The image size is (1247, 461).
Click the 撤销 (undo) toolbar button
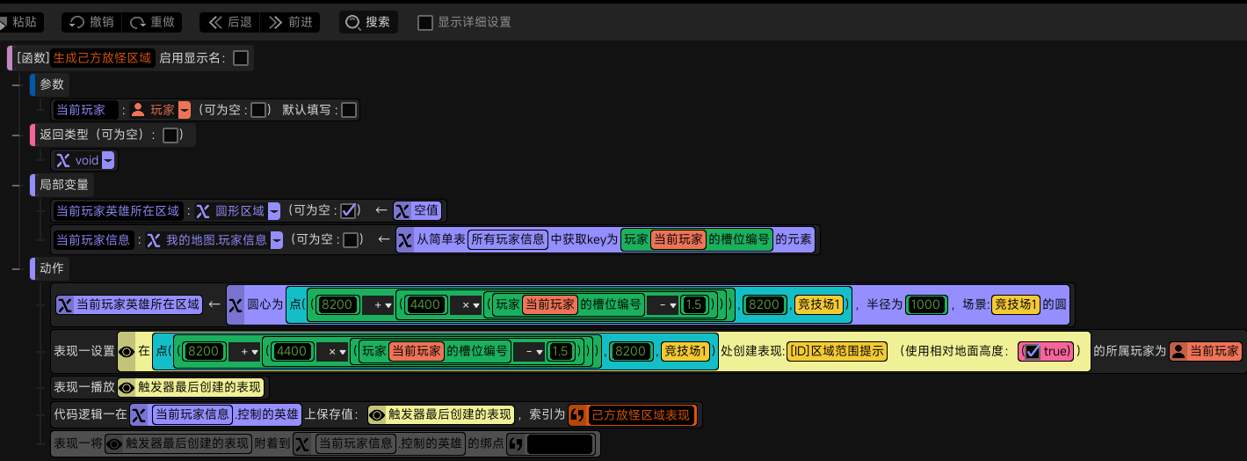point(91,22)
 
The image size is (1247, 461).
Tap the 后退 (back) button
point(229,22)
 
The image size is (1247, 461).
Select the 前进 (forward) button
point(290,22)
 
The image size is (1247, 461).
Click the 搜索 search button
point(368,22)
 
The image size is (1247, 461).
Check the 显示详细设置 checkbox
point(425,23)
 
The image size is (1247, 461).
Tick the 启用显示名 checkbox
point(241,58)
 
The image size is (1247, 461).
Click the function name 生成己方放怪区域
point(102,58)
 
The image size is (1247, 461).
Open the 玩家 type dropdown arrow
point(185,110)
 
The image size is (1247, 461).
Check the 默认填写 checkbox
point(349,110)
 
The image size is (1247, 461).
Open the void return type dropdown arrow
point(109,160)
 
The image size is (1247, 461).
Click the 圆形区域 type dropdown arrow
point(274,211)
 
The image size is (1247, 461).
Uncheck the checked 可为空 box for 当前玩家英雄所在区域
point(349,211)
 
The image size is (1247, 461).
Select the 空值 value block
point(417,211)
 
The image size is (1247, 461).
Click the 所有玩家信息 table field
point(508,239)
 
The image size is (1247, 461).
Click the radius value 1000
point(925,304)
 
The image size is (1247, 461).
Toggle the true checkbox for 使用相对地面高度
point(1033,351)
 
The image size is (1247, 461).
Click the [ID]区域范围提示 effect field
point(837,351)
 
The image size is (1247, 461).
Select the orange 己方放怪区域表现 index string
point(633,414)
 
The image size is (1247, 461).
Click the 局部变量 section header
point(63,185)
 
